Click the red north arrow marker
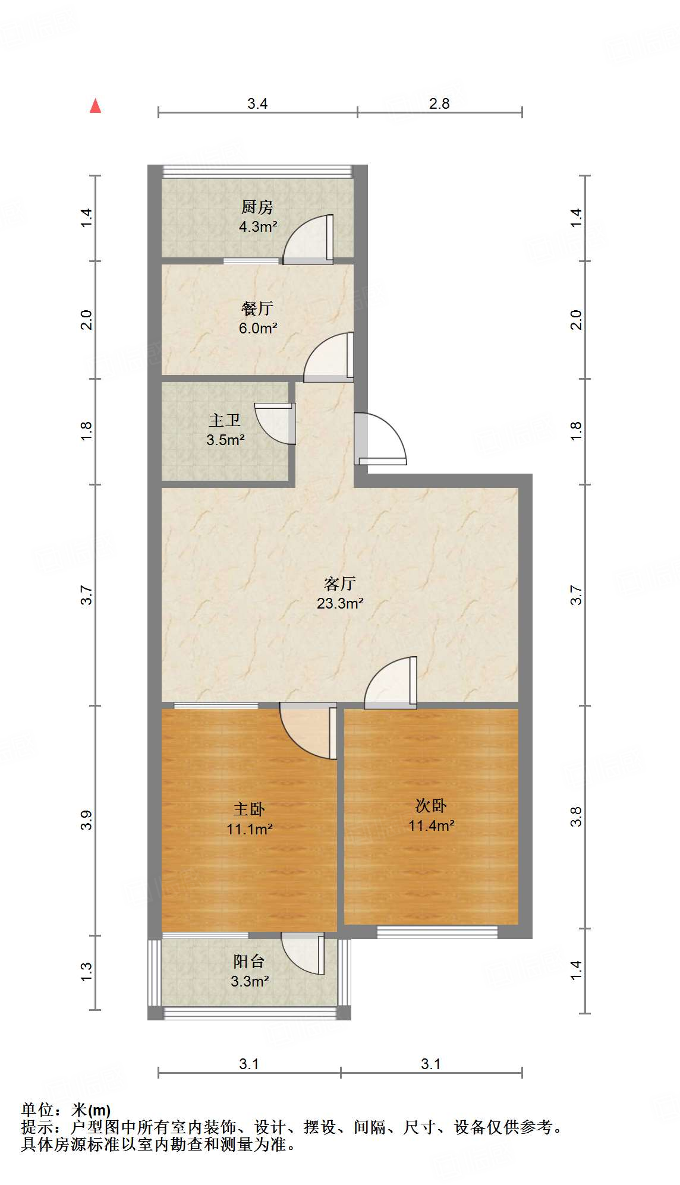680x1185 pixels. (95, 106)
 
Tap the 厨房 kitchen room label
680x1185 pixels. (257, 207)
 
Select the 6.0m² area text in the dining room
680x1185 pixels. (258, 328)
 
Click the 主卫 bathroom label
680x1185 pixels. (225, 420)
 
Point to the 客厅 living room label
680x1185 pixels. (340, 583)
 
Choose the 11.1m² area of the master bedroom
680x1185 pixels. (250, 828)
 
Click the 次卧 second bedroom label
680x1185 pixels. (431, 805)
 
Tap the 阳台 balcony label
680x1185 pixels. (248, 961)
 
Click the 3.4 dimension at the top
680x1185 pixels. (257, 103)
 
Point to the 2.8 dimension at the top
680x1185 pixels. (439, 103)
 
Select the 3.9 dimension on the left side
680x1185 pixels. (87, 820)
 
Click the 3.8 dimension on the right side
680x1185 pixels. (576, 817)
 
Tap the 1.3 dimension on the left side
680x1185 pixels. (87, 972)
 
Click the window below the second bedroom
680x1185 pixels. (437, 932)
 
